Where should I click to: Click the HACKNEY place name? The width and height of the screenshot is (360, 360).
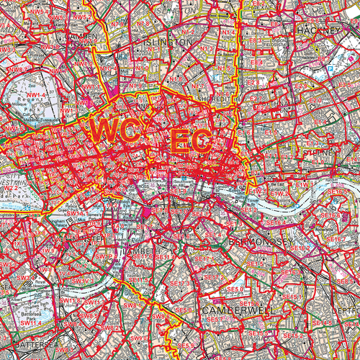click(x=316, y=31)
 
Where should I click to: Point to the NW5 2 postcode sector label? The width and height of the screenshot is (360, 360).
click(x=82, y=16)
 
